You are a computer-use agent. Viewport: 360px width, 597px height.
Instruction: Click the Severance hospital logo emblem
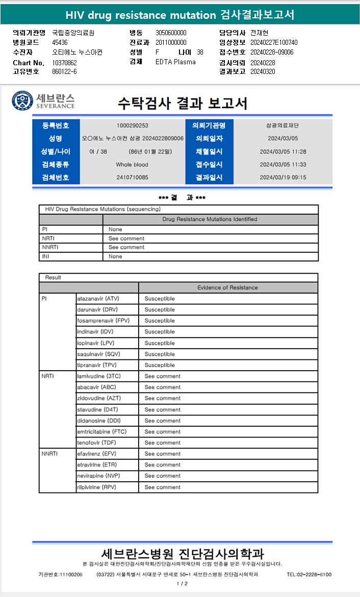(22, 101)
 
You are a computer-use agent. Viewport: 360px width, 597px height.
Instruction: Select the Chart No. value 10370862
(64, 63)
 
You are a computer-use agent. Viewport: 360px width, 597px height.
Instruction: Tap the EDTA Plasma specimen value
(175, 62)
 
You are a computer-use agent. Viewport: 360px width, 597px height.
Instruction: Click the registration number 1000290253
(133, 125)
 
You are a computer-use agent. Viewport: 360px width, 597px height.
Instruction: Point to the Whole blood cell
(133, 165)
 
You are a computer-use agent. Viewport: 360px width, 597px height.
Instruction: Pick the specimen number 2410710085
(133, 177)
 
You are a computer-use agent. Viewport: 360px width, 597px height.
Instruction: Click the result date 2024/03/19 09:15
(282, 177)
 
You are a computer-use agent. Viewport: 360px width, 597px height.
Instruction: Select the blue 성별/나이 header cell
(56, 151)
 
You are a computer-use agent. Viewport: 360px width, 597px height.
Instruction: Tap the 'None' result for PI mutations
(115, 229)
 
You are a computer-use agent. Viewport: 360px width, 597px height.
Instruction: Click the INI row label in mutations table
(46, 256)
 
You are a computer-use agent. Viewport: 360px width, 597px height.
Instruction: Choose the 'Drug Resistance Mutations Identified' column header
(210, 219)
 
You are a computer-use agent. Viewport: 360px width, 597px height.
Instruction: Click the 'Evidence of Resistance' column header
(227, 288)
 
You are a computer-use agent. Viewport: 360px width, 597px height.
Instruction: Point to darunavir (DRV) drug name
(97, 309)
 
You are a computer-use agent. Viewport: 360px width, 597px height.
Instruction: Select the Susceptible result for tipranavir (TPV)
(159, 365)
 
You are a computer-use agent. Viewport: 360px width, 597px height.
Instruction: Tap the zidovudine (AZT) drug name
(99, 398)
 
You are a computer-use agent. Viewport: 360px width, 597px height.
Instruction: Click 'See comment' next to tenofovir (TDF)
(162, 443)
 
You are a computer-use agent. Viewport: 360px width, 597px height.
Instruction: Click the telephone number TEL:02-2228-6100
(309, 575)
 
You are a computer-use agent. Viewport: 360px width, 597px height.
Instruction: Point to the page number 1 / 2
(182, 584)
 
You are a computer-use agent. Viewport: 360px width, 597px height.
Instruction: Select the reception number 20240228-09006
(272, 52)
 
